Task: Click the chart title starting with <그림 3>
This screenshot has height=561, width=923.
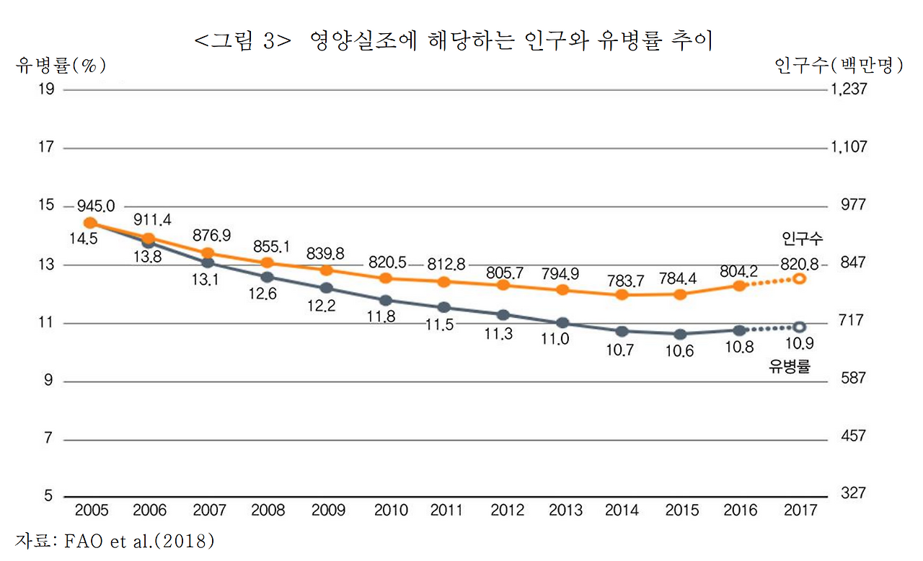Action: (x=454, y=41)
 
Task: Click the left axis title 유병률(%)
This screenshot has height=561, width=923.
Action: (x=61, y=66)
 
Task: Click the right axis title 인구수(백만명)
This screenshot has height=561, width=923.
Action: (x=839, y=66)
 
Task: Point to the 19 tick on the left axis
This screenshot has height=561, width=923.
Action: (x=45, y=89)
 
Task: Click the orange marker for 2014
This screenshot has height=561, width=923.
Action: (x=622, y=295)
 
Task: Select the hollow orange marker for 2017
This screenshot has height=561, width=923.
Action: (x=799, y=278)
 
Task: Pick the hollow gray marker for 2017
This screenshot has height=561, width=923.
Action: (x=799, y=327)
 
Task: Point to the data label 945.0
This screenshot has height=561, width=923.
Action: (x=96, y=208)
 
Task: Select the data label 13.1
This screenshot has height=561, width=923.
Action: (x=208, y=281)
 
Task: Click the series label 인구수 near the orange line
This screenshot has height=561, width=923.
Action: (x=802, y=238)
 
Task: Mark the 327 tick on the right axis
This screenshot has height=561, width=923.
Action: (x=852, y=494)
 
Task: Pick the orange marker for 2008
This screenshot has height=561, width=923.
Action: (x=267, y=262)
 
